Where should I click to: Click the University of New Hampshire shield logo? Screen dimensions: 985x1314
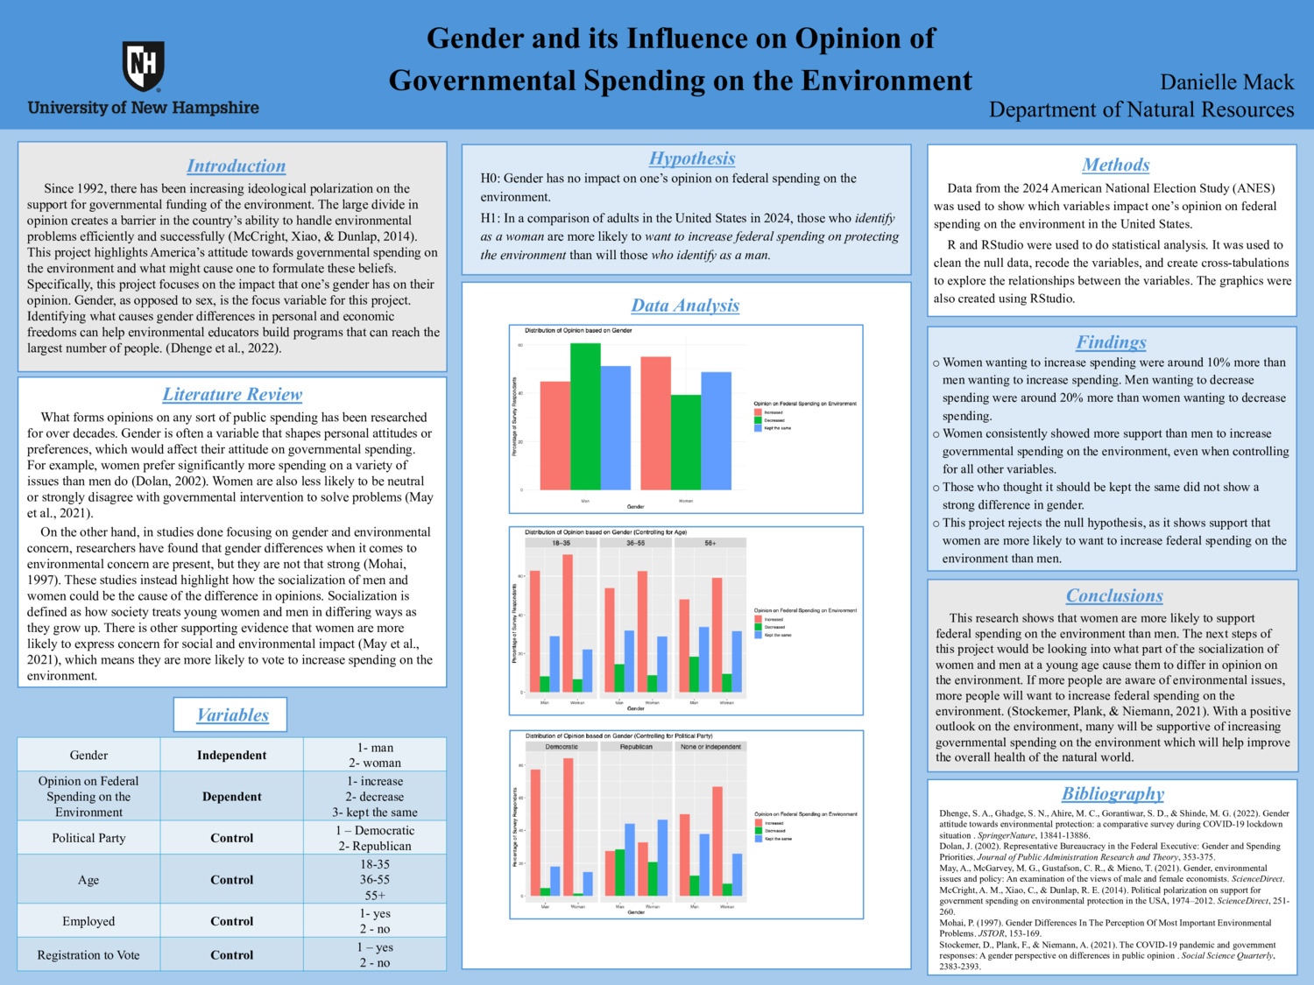pyautogui.click(x=143, y=66)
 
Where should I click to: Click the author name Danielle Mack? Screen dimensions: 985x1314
pyautogui.click(x=1226, y=82)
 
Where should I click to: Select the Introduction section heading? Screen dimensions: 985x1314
pyautogui.click(x=236, y=165)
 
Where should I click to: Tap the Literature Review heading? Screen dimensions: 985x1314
pyautogui.click(x=232, y=394)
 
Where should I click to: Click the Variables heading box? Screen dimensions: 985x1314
pyautogui.click(x=232, y=714)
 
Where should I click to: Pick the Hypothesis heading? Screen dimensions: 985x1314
pyautogui.click(x=691, y=158)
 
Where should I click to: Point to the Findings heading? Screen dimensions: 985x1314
pyautogui.click(x=1111, y=342)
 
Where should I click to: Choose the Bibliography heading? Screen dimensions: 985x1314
pyautogui.click(x=1113, y=793)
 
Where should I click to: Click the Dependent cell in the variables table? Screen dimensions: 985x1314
pyautogui.click(x=231, y=797)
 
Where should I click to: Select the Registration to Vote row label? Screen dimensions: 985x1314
pyautogui.click(x=88, y=955)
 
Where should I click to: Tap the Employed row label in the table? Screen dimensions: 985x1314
pyautogui.click(x=88, y=921)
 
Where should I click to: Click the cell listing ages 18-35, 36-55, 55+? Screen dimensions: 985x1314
pyautogui.click(x=375, y=880)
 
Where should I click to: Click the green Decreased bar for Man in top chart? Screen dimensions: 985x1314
pyautogui.click(x=585, y=416)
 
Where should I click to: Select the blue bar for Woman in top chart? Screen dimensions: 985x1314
pyautogui.click(x=716, y=431)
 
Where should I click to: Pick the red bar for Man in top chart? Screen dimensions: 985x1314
pyautogui.click(x=555, y=435)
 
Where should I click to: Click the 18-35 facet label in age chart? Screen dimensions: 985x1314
pyautogui.click(x=561, y=543)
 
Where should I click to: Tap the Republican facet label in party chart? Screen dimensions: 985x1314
pyautogui.click(x=636, y=747)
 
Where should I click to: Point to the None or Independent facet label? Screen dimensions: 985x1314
pyautogui.click(x=710, y=747)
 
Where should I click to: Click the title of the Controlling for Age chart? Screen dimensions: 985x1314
pyautogui.click(x=605, y=532)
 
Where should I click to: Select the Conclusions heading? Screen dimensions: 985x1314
pyautogui.click(x=1113, y=595)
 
